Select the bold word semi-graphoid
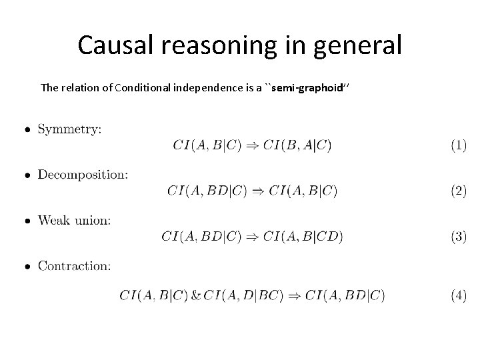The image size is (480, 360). [x=311, y=88]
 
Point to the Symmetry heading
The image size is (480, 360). [x=69, y=129]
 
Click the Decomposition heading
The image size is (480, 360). [x=83, y=175]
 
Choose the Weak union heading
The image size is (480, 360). [x=74, y=220]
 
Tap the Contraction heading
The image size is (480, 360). [x=74, y=265]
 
